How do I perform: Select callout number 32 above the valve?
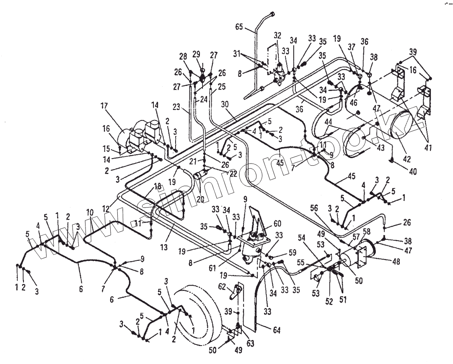(x=278, y=36)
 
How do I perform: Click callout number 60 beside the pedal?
(x=278, y=223)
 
